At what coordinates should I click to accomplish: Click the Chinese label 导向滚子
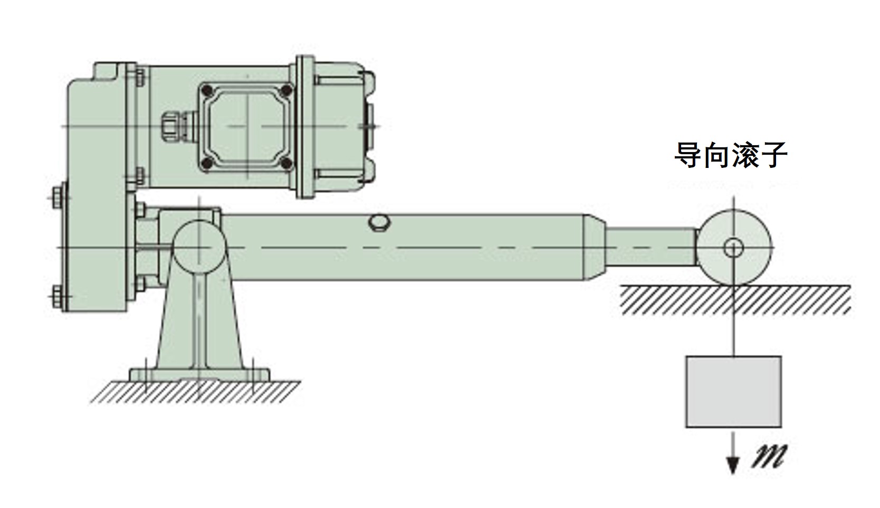[x=730, y=155]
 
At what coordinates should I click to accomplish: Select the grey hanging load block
[x=733, y=392]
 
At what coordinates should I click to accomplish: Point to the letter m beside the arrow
[x=768, y=456]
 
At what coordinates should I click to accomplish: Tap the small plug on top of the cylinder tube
[x=379, y=222]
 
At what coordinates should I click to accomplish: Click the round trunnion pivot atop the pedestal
[x=200, y=248]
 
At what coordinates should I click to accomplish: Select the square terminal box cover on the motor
[x=247, y=127]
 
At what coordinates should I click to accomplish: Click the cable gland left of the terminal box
[x=177, y=127]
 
